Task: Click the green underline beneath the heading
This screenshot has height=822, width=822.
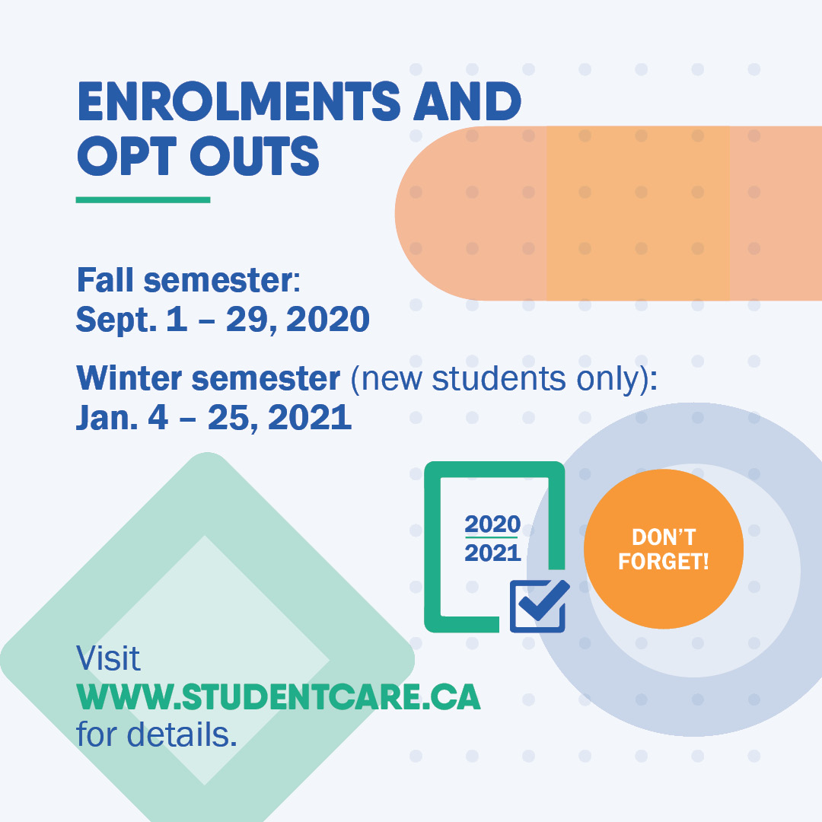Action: click(x=143, y=200)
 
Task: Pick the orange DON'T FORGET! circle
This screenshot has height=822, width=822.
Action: click(x=663, y=549)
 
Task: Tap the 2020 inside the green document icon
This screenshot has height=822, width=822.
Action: click(x=492, y=524)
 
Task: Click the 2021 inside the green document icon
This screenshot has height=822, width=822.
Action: click(x=492, y=553)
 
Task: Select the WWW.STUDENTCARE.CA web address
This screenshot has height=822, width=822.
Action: click(x=279, y=698)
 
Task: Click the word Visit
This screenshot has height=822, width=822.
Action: click(x=109, y=659)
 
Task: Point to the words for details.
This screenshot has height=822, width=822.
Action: click(x=156, y=735)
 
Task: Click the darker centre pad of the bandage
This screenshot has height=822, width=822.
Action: click(x=638, y=213)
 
